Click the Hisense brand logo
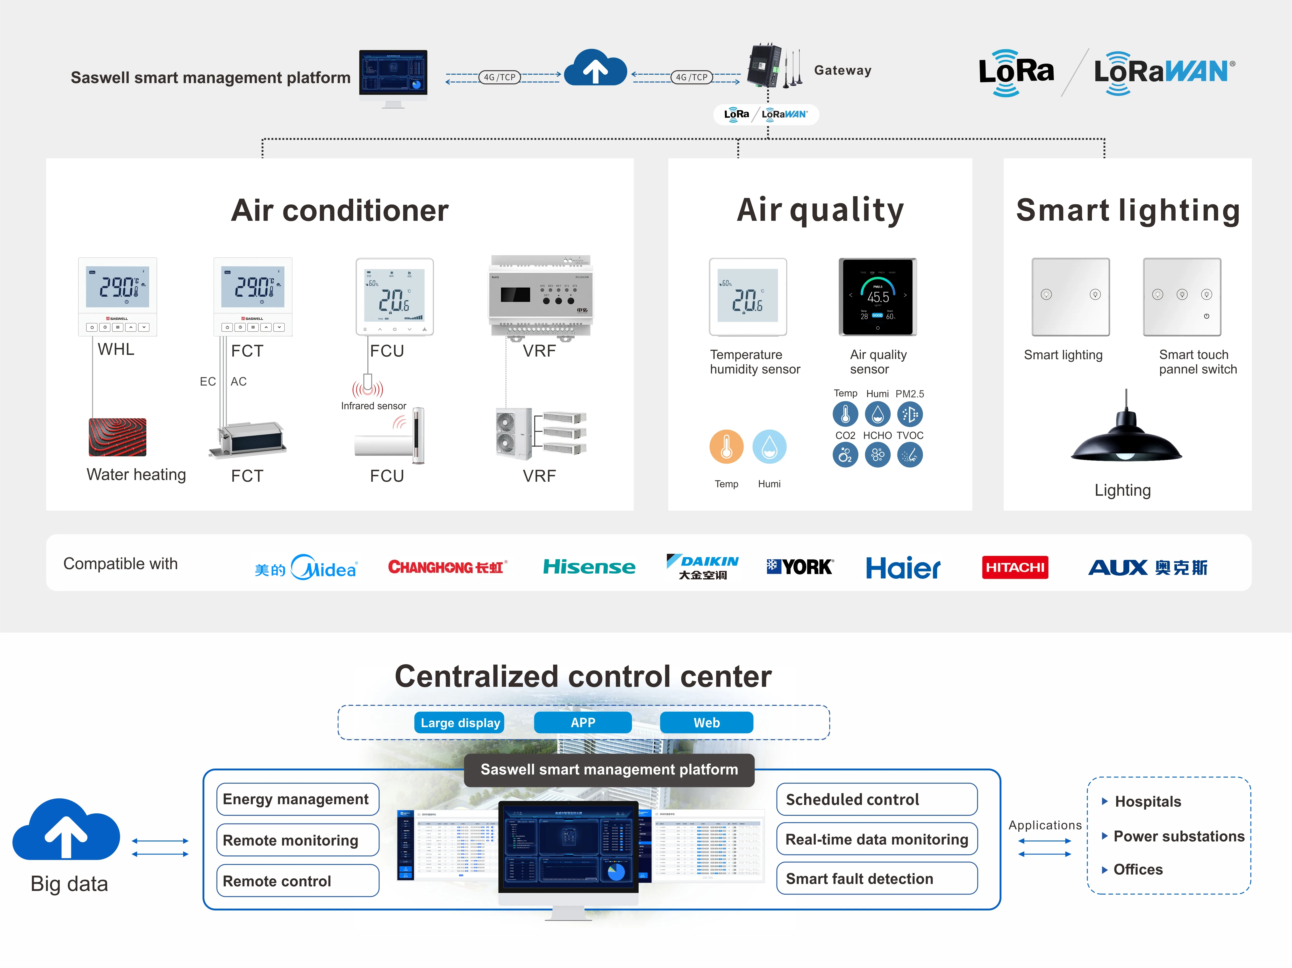(589, 567)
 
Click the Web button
(706, 723)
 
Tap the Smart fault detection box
(876, 879)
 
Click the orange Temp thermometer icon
(726, 447)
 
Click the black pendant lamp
(1126, 435)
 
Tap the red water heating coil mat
(117, 437)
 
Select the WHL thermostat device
(117, 297)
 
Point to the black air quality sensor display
(877, 297)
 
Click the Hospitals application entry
(1147, 802)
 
